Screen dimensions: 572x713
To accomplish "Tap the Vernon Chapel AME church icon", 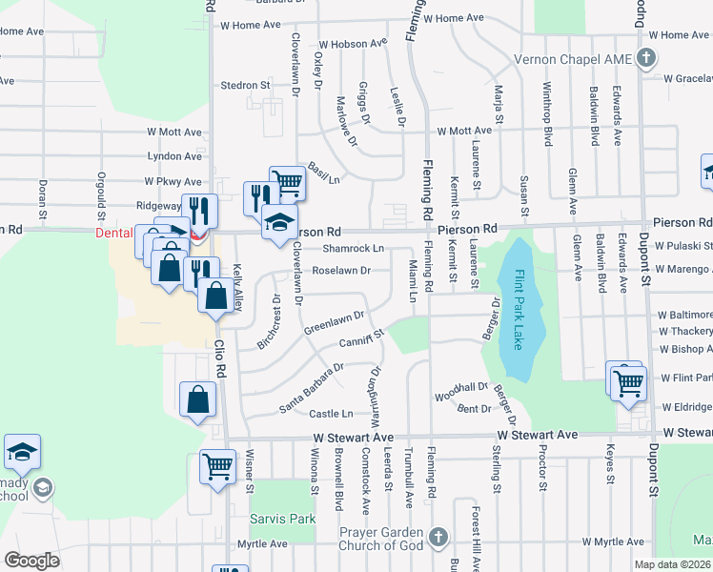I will pyautogui.click(x=647, y=57).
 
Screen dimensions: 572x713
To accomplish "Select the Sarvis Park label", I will pyautogui.click(x=269, y=520).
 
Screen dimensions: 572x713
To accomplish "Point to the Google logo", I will pyautogui.click(x=31, y=561).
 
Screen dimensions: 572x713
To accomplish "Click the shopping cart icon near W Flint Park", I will pyautogui.click(x=629, y=382).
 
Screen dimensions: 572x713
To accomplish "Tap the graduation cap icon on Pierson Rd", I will pyautogui.click(x=279, y=223).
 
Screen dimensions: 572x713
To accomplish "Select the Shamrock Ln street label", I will pyautogui.click(x=353, y=248).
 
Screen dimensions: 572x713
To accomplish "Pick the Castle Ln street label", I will pyautogui.click(x=331, y=414).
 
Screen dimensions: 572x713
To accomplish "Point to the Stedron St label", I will pyautogui.click(x=246, y=85).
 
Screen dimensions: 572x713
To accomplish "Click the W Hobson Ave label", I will pyautogui.click(x=353, y=44).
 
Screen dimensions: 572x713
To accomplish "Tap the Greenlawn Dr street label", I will pyautogui.click(x=335, y=322).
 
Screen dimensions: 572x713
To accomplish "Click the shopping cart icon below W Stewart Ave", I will pyautogui.click(x=218, y=466).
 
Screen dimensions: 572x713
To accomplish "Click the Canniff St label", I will pyautogui.click(x=359, y=338).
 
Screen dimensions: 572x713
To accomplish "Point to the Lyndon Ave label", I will pyautogui.click(x=174, y=155).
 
